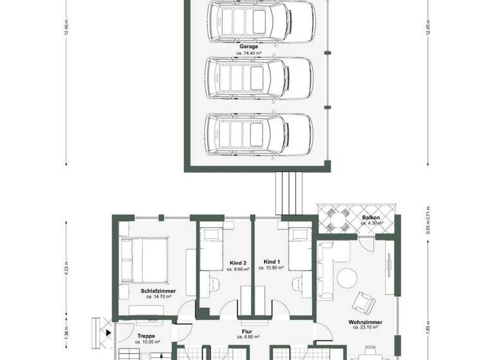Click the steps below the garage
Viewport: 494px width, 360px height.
[x=288, y=194]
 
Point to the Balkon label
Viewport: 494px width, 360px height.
[x=371, y=218]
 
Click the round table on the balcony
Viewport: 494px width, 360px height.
[x=336, y=222]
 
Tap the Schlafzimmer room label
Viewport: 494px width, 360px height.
[x=157, y=291]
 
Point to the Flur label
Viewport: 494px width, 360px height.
[x=247, y=331]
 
